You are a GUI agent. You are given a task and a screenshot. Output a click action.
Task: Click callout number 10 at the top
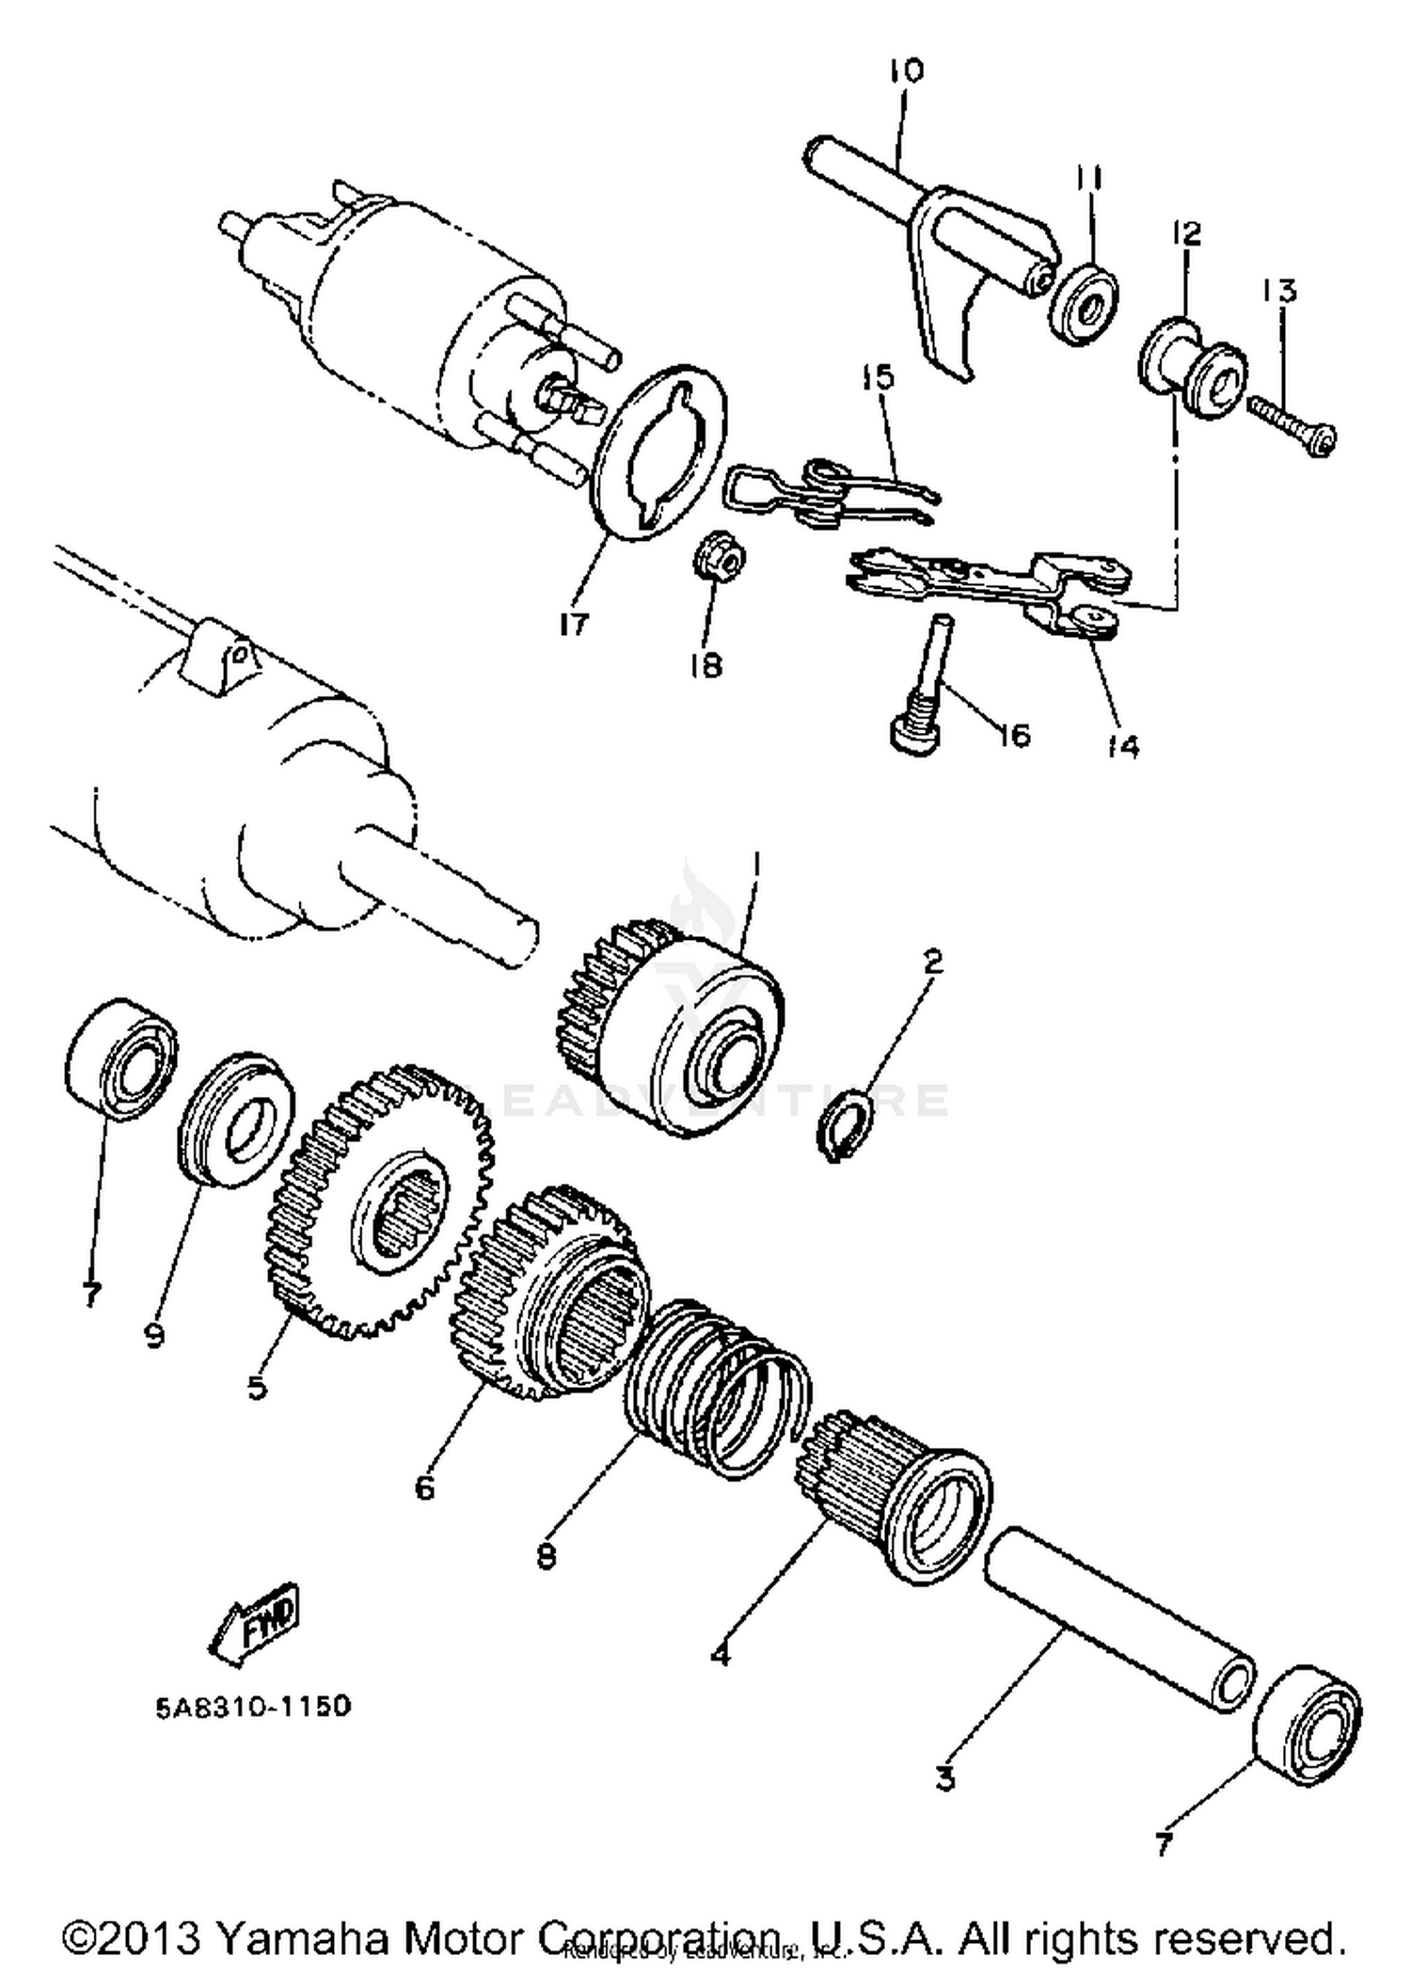coord(906,71)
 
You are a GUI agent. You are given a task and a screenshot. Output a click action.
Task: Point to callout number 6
coord(424,1488)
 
